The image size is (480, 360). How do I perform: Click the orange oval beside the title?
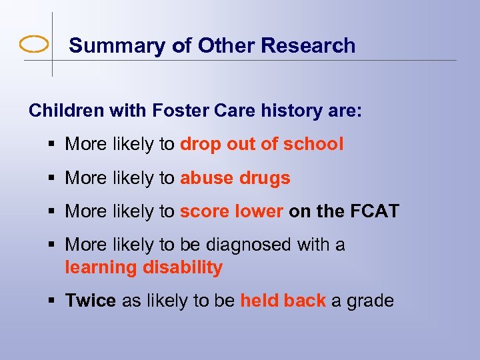[34, 45]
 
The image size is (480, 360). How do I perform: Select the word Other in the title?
[228, 45]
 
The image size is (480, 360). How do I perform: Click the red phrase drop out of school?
[261, 144]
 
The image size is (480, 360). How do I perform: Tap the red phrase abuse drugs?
[235, 178]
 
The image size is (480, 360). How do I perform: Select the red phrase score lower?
[231, 212]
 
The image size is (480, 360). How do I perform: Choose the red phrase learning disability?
[143, 268]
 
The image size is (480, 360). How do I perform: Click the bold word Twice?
[90, 301]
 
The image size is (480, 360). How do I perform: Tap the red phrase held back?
[283, 301]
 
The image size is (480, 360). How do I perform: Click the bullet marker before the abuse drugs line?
[53, 179]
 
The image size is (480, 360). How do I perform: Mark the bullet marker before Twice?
[53, 301]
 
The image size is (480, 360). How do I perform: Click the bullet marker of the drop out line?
[53, 145]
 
